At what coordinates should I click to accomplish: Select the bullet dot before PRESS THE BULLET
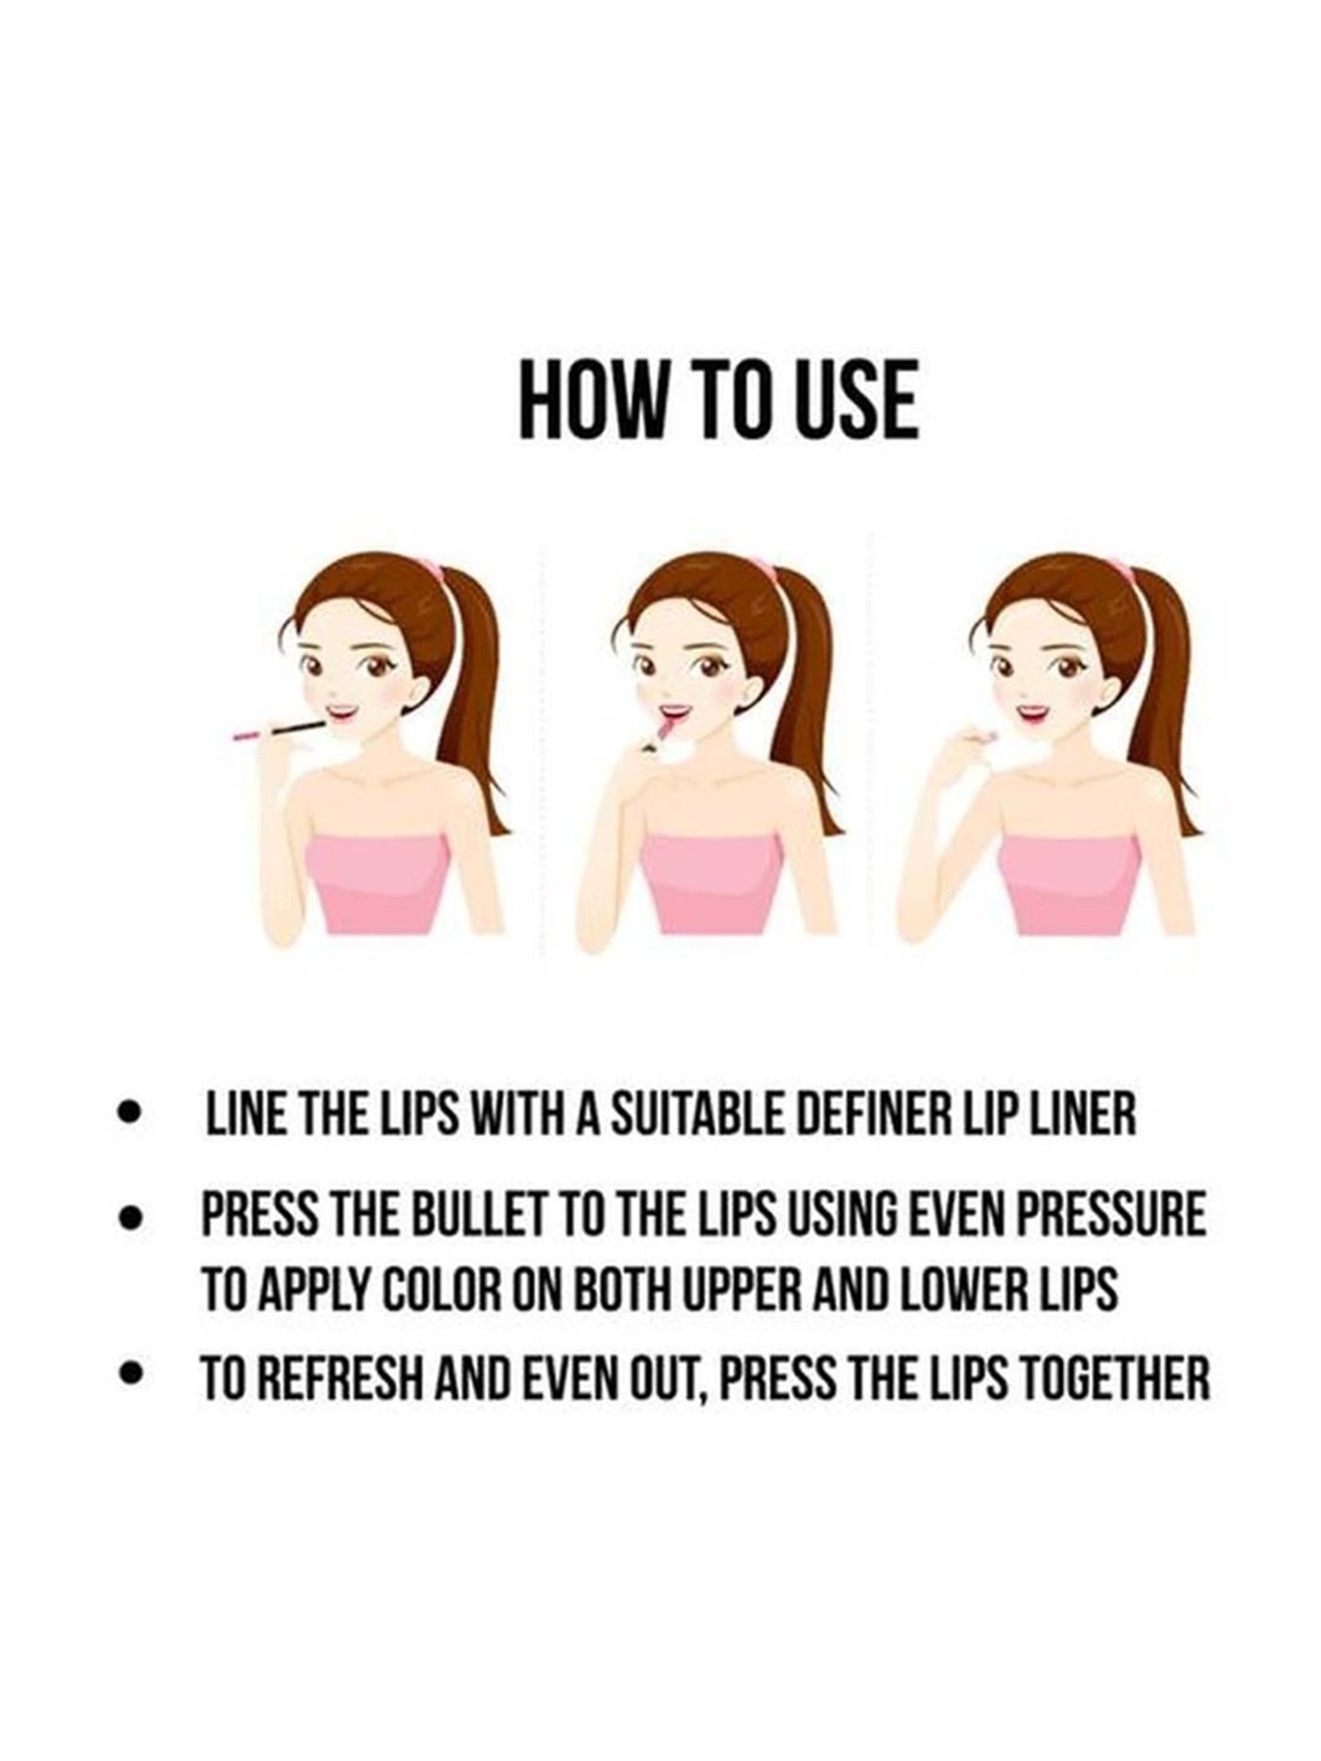[x=130, y=1219]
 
